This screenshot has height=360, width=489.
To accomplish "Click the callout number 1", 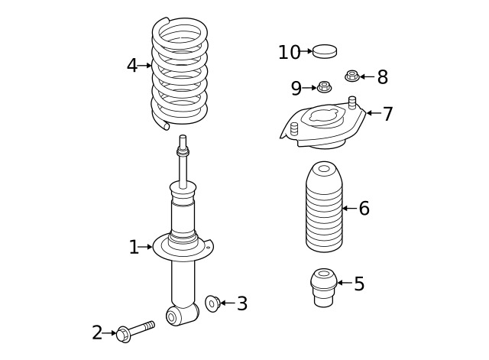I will (x=134, y=248).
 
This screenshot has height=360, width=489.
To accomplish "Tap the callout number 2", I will (x=97, y=333).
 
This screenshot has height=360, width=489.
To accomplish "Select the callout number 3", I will (x=242, y=304).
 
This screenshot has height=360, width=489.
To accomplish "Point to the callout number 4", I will (x=132, y=66).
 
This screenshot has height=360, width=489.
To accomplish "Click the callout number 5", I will (x=359, y=284).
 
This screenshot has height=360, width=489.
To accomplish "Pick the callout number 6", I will (x=364, y=209).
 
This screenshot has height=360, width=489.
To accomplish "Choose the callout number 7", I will (x=388, y=115).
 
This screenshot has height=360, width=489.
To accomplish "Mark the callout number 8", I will (x=382, y=77).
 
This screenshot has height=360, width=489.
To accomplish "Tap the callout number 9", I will (x=296, y=89).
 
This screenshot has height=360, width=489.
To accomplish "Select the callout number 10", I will (x=289, y=53).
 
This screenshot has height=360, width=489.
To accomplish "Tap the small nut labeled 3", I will (x=212, y=303).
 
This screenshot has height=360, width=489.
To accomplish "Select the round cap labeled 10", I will (x=325, y=51).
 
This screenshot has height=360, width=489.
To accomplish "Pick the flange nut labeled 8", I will (x=351, y=76).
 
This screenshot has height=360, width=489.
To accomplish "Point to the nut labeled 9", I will (x=324, y=87).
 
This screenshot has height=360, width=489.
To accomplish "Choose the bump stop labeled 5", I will (x=324, y=287).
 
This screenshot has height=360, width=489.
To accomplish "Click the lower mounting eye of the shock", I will (x=173, y=316).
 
